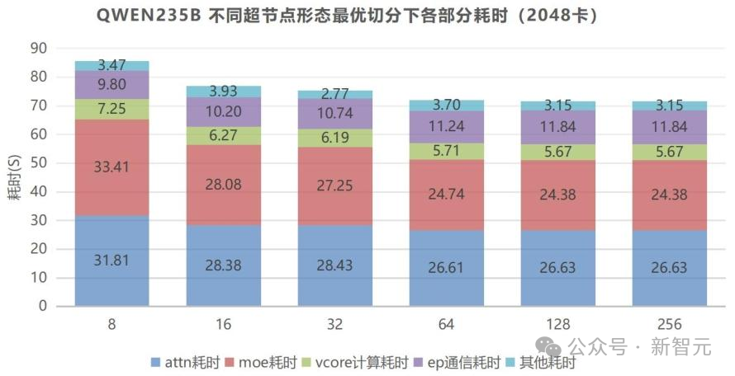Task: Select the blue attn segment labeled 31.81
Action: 111,261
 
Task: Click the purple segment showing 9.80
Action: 111,84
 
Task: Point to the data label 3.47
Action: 111,64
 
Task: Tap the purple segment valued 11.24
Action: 447,127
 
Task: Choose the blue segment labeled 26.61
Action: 447,268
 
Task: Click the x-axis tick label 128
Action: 558,324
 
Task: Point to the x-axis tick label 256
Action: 670,324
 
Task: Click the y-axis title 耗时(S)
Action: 14,176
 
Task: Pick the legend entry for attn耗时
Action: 186,361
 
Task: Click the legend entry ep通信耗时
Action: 460,361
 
